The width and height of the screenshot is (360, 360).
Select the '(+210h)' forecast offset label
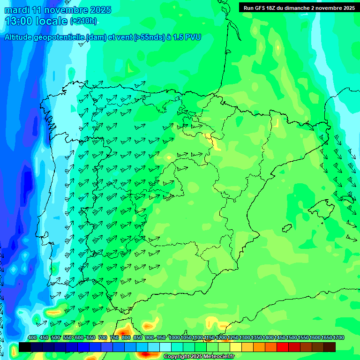point(83,21)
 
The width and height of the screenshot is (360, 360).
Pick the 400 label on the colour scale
point(32,338)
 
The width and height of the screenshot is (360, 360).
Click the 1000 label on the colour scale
point(174,338)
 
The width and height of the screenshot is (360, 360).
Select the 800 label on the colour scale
point(126,338)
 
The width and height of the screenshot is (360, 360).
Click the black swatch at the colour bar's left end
point(25,347)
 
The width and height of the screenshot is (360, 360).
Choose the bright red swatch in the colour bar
point(283,347)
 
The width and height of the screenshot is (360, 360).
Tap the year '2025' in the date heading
point(100,10)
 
